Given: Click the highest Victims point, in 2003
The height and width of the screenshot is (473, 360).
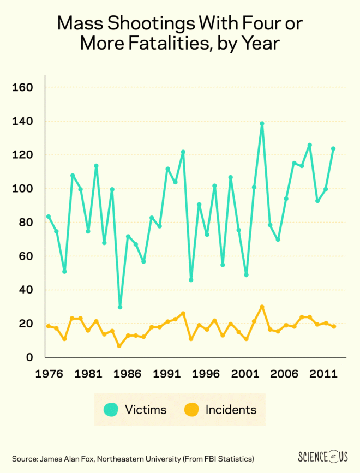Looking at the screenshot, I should click(262, 124).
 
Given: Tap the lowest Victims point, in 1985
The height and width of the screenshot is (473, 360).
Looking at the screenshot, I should click(120, 307).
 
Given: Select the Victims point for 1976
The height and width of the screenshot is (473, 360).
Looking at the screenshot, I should click(49, 217).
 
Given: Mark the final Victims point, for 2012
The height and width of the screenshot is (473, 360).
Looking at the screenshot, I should click(333, 148).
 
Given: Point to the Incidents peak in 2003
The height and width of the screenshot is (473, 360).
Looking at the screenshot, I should click(262, 307).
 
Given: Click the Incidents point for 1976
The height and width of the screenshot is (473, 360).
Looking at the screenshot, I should click(49, 326).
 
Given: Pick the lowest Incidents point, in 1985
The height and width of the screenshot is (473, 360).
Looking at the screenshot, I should click(119, 346).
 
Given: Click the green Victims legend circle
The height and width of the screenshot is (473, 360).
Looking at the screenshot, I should click(112, 409).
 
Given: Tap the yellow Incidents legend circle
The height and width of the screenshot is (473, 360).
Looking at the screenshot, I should click(191, 409).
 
